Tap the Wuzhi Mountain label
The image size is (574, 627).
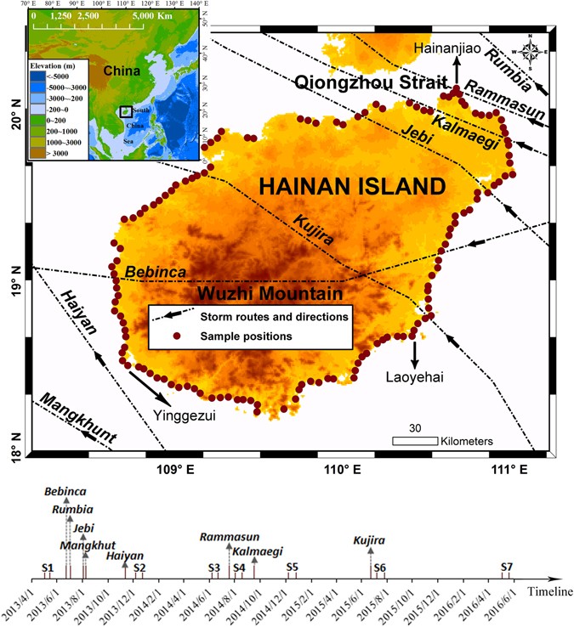(x=270, y=294)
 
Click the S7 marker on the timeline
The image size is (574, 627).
(x=507, y=567)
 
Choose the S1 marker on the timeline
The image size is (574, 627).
(x=48, y=567)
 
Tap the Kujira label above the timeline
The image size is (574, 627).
(x=370, y=539)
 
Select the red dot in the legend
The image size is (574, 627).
(x=156, y=336)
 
